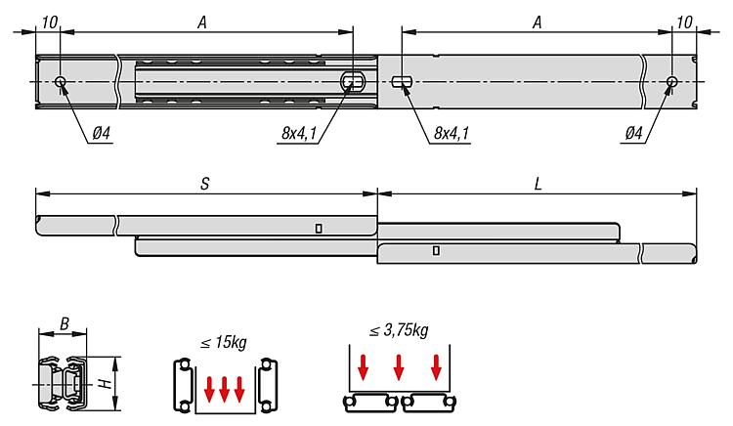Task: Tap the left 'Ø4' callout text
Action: click(95, 135)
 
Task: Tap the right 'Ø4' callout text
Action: click(636, 135)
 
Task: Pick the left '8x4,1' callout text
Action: click(298, 135)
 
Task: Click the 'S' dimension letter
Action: click(201, 182)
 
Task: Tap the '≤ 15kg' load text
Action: click(225, 342)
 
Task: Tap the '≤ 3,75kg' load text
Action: click(395, 330)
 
